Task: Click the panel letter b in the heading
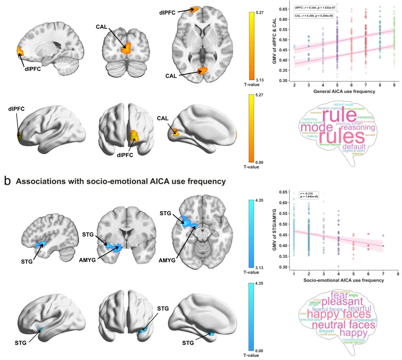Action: [x=7, y=181]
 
